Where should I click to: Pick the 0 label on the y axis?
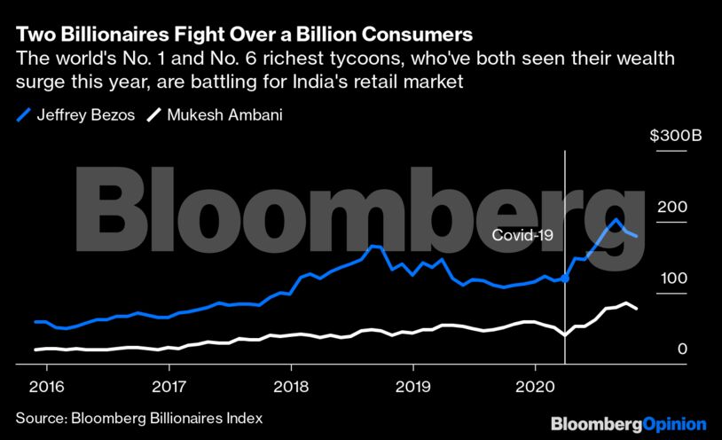click(x=682, y=350)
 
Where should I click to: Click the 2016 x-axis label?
click(x=46, y=387)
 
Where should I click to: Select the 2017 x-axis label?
click(x=169, y=387)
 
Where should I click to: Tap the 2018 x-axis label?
click(x=291, y=387)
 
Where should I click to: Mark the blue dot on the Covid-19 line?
click(x=565, y=279)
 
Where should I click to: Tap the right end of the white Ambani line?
click(x=636, y=309)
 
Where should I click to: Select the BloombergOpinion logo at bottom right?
click(x=628, y=424)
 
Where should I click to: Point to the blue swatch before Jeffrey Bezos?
click(x=23, y=115)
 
